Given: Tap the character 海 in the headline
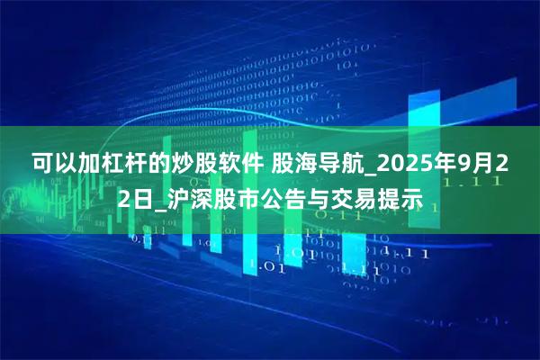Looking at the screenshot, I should click(304, 164).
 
